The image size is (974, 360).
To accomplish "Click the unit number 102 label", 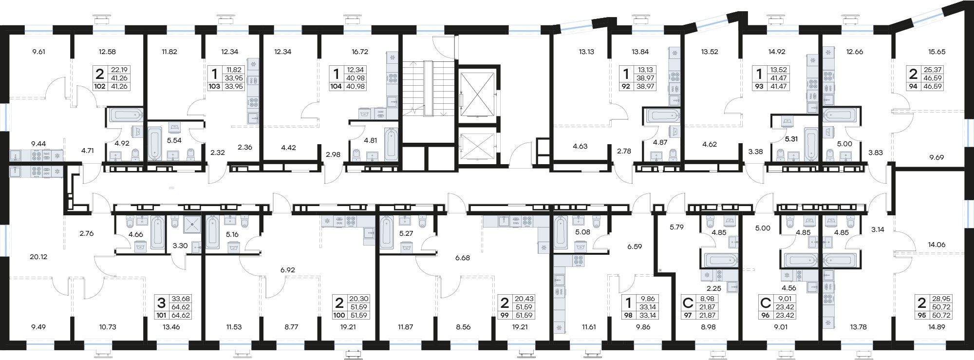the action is [100, 86].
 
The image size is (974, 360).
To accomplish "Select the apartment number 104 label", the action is [336, 86].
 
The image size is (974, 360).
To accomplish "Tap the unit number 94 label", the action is [913, 86].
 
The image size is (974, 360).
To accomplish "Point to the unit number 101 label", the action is [161, 315].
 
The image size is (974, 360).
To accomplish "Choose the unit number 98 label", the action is [628, 315].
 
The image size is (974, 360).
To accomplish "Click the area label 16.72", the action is [359, 52].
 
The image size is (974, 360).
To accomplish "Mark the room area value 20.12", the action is [38, 257].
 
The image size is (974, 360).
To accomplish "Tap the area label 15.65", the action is [937, 52].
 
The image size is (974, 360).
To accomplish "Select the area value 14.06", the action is [937, 245].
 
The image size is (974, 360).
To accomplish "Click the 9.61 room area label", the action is [38, 52].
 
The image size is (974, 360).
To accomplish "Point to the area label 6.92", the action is [288, 270].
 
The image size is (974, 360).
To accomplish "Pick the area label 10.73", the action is [108, 327].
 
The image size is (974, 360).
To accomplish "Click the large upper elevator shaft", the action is [477, 93].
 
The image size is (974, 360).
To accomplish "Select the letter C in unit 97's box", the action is [688, 303].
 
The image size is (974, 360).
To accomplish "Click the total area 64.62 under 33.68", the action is [180, 307].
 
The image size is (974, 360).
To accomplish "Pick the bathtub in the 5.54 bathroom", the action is [155, 144].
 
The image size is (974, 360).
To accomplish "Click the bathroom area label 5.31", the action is [791, 139].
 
